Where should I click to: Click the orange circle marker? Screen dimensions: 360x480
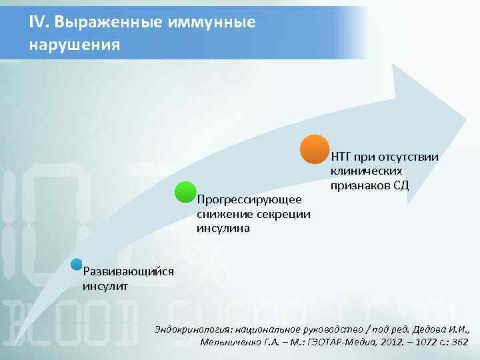(314, 149)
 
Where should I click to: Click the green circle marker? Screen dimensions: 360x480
(185, 192)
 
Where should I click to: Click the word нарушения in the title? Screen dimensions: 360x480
(74, 45)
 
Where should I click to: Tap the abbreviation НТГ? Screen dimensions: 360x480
(341, 157)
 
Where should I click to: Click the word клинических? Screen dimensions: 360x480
(366, 171)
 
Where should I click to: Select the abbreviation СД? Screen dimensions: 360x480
(399, 185)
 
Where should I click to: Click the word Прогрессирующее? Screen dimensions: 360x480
(249, 200)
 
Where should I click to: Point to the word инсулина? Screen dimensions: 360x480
(223, 228)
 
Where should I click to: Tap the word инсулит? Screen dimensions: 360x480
(105, 286)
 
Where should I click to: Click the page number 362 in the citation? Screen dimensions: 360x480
(459, 342)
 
